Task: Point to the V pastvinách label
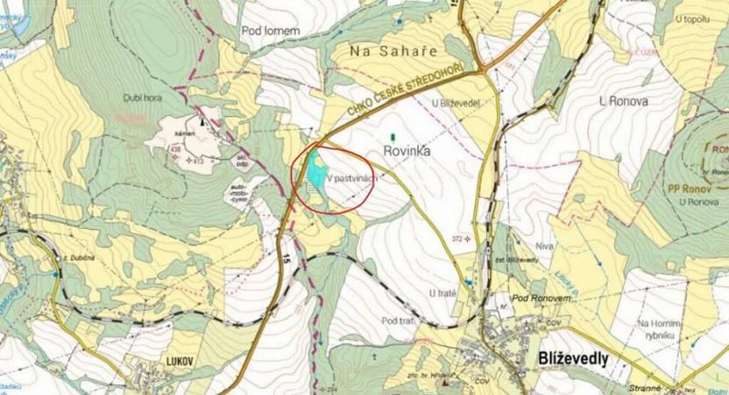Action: pyautogui.click(x=352, y=176)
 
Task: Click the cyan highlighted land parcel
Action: pyautogui.click(x=313, y=173)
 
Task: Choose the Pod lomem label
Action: pyautogui.click(x=270, y=30)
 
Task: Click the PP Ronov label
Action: pyautogui.click(x=687, y=188)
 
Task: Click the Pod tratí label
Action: pyautogui.click(x=398, y=320)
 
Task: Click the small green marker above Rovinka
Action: pyautogui.click(x=393, y=136)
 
